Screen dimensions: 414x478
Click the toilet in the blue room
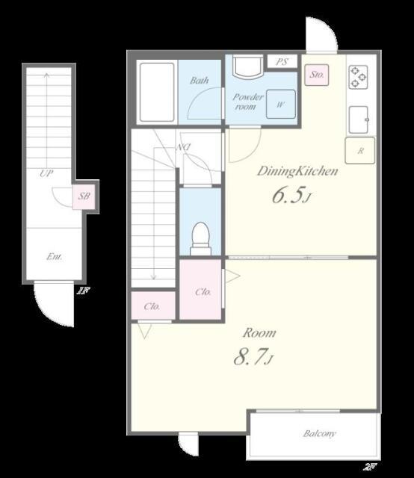(x=200, y=239)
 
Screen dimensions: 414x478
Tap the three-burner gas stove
(x=358, y=77)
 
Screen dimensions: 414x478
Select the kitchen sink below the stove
(x=359, y=119)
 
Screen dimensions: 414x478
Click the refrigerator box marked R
(x=360, y=151)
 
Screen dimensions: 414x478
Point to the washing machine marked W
(x=281, y=105)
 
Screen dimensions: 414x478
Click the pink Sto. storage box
(x=317, y=75)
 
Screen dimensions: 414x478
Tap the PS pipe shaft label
(x=282, y=62)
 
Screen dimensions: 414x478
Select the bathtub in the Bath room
(x=157, y=92)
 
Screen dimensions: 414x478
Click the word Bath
(x=200, y=81)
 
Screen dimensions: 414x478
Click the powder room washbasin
(x=248, y=66)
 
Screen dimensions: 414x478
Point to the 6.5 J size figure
(x=291, y=195)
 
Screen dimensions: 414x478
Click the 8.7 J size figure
(x=253, y=356)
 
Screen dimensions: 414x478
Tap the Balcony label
(x=319, y=433)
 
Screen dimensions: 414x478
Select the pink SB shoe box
(x=84, y=196)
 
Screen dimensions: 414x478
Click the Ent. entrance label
(x=55, y=257)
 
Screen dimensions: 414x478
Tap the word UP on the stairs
(x=46, y=173)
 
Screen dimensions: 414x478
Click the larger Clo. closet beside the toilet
(x=200, y=289)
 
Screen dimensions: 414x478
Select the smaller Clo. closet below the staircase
(x=153, y=305)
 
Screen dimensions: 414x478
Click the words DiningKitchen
(x=297, y=171)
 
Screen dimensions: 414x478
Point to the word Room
(x=259, y=332)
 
